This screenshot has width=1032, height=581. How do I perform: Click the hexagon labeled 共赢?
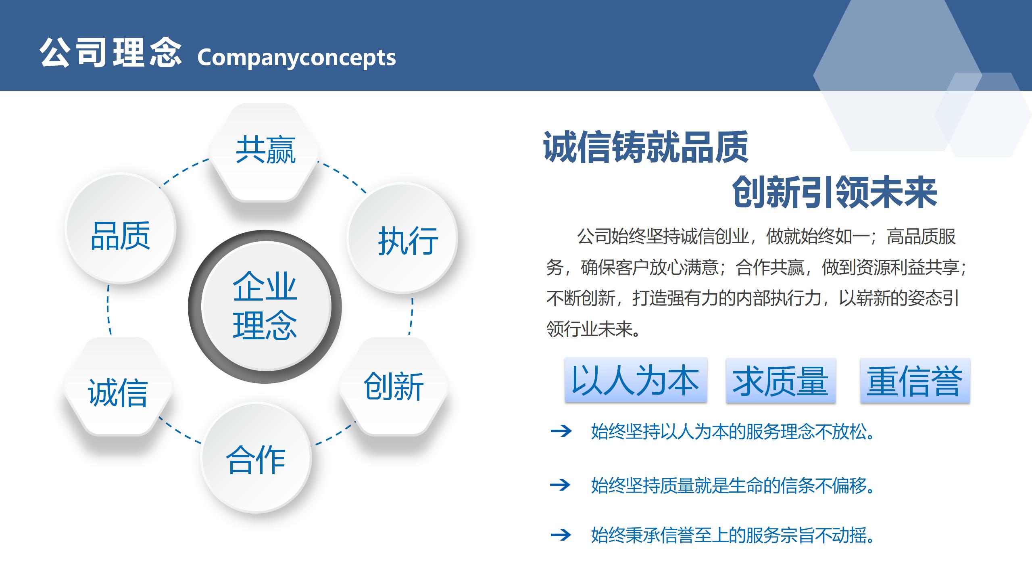pos(265,152)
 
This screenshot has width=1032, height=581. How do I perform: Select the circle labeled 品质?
pos(121,228)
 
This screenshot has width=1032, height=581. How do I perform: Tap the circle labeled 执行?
pos(402,238)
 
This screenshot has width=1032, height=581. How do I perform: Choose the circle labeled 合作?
pos(256,457)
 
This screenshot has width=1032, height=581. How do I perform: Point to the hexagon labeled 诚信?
pos(118,387)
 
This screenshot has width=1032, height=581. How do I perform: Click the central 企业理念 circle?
pos(265,306)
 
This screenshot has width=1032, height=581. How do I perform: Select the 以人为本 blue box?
pos(636,380)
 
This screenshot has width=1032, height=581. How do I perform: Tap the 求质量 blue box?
pos(781,380)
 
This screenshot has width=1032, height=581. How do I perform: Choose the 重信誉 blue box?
pos(915,380)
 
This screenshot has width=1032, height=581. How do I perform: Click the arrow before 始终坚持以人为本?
pos(561,431)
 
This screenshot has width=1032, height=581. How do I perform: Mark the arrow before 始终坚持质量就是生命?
pos(561,484)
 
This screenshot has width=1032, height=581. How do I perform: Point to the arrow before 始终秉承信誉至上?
pos(561,535)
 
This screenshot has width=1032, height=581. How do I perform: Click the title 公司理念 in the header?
pos(110,53)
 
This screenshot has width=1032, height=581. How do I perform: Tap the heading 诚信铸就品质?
pos(646,147)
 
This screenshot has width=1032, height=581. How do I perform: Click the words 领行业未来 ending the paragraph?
pos(593,329)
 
